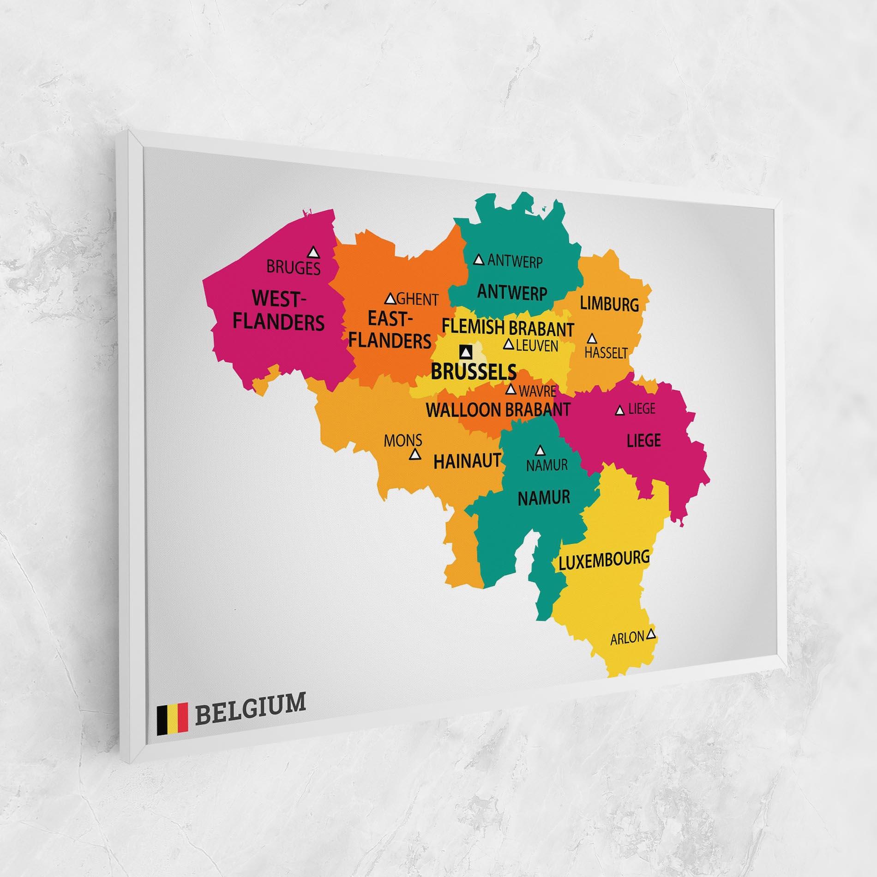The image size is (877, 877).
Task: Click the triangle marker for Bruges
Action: pyautogui.click(x=314, y=252)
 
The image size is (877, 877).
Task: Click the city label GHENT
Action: pyautogui.click(x=417, y=300)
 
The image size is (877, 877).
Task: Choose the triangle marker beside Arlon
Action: pyautogui.click(x=651, y=634)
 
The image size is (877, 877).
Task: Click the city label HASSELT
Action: pyautogui.click(x=606, y=353)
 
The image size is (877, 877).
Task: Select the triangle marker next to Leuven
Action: pyautogui.click(x=509, y=344)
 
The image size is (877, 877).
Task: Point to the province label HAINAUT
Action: pyautogui.click(x=467, y=461)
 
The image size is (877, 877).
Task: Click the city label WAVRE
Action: pyautogui.click(x=537, y=391)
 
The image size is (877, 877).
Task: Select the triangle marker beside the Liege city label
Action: pyautogui.click(x=620, y=410)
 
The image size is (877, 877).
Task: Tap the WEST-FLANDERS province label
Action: pyautogui.click(x=278, y=310)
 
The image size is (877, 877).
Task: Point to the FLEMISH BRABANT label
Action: pyautogui.click(x=508, y=328)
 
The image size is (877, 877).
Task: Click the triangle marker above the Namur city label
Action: pyautogui.click(x=541, y=450)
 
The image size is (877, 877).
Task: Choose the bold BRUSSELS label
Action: pyautogui.click(x=473, y=371)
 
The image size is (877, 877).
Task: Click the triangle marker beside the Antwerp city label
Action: pyautogui.click(x=479, y=260)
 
